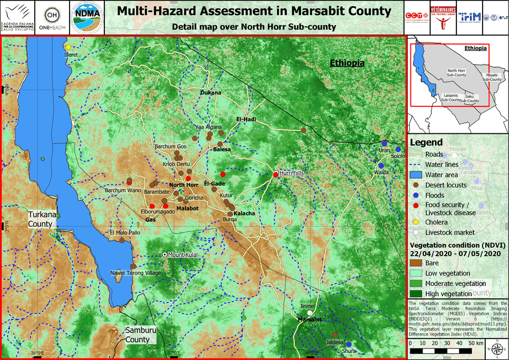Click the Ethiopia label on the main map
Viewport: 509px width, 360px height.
coord(347,63)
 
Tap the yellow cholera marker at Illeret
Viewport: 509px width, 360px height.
coord(68,47)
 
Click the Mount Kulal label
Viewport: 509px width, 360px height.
coord(182,255)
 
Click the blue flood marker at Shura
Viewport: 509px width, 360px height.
coord(348,345)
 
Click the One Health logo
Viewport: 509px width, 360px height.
coord(51,18)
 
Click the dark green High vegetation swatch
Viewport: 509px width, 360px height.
coord(418,294)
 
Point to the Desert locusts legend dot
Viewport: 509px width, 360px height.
coord(416,185)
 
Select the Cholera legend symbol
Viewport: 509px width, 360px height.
coord(416,222)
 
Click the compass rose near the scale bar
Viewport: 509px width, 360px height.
coord(496,349)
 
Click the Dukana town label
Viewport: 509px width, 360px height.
coord(210,93)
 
